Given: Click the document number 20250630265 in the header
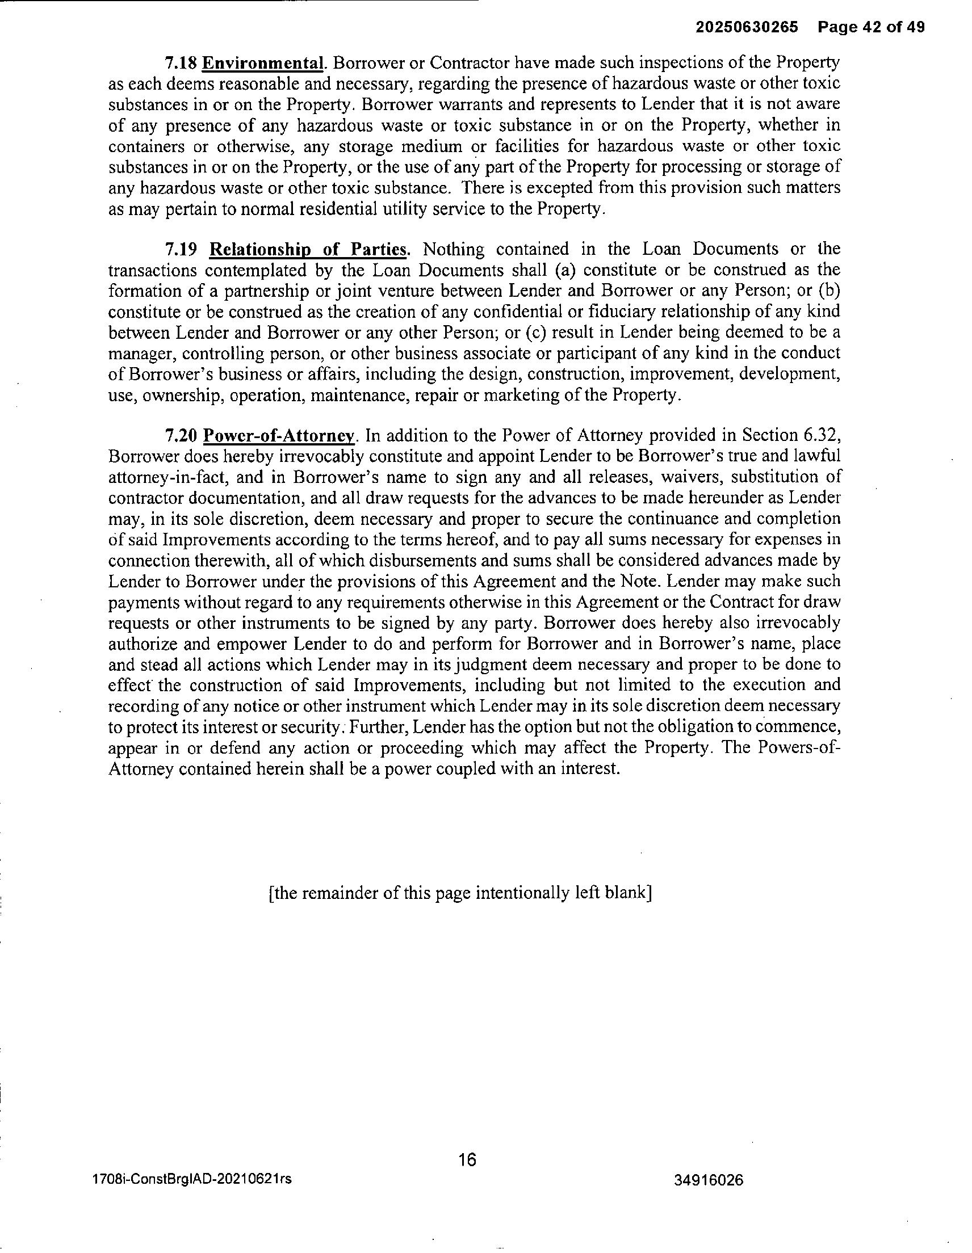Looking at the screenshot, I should [x=747, y=27].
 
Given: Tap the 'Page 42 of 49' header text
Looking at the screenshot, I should [x=872, y=27].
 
